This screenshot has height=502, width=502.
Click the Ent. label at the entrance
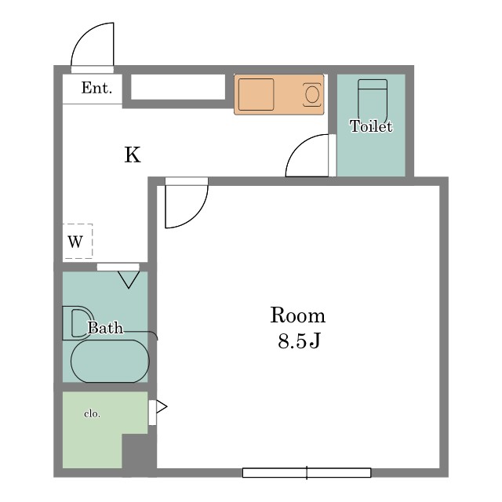(96, 88)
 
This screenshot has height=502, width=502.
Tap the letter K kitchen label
(133, 155)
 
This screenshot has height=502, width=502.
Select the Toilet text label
(371, 126)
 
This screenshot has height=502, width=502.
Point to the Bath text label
(105, 328)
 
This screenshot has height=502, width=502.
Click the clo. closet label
(93, 413)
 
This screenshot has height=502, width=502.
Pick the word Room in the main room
(298, 315)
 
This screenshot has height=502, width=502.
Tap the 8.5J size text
(300, 340)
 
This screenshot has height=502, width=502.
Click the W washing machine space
(78, 241)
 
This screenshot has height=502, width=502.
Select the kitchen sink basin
(256, 94)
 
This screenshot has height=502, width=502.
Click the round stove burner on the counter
(312, 94)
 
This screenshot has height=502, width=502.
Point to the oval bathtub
(110, 361)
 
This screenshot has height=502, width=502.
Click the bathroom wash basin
(77, 323)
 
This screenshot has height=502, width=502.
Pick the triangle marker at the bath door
(129, 279)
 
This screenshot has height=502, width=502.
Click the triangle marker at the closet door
(162, 407)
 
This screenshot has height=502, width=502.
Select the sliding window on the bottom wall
(307, 472)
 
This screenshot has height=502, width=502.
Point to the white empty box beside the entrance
(178, 87)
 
